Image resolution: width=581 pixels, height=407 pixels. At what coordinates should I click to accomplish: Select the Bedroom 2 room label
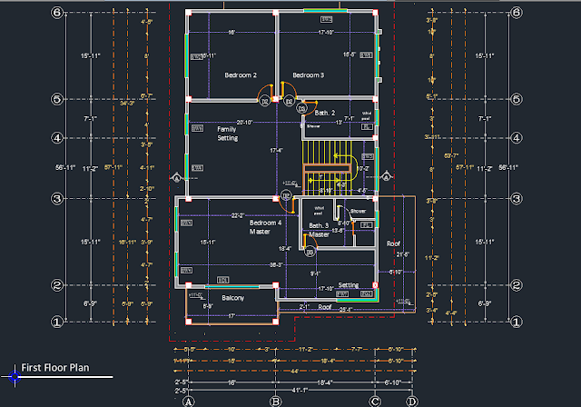click(x=241, y=74)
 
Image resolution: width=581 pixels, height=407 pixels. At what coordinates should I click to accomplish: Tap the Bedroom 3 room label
click(x=308, y=74)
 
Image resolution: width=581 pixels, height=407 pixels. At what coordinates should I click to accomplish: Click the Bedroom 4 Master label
click(x=266, y=227)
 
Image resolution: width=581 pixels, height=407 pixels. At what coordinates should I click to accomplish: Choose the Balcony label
click(x=233, y=297)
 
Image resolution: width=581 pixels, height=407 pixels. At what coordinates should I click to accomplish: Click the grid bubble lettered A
click(x=189, y=401)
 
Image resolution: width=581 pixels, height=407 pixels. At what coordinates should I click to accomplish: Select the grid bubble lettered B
click(x=275, y=401)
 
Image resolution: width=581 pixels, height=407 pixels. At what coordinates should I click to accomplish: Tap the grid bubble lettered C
click(x=374, y=401)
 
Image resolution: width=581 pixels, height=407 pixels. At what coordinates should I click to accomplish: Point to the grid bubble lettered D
click(x=411, y=401)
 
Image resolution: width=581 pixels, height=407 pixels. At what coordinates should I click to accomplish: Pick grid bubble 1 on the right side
click(x=517, y=321)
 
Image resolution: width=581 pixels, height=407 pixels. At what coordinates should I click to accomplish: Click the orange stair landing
click(x=327, y=169)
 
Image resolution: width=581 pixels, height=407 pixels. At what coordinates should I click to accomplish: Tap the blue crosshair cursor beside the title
click(x=15, y=372)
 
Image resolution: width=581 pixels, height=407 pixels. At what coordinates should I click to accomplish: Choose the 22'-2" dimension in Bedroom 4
click(x=237, y=215)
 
